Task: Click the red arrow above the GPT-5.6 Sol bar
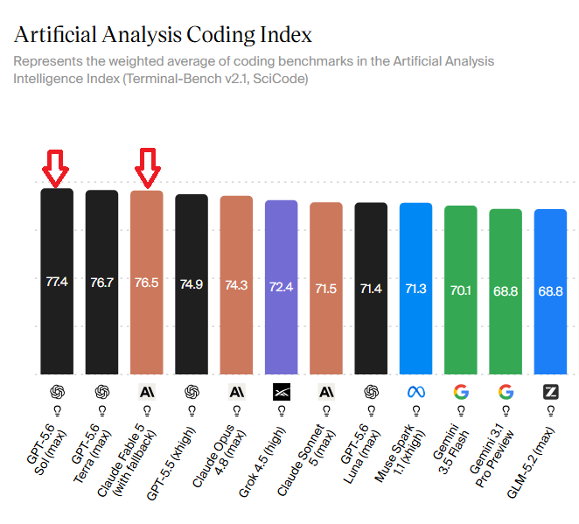coord(55,168)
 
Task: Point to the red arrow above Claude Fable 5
coord(148,168)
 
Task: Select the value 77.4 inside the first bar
coord(57,282)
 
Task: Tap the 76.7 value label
coord(102,283)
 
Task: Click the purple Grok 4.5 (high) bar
coord(281,287)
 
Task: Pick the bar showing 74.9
coord(192,284)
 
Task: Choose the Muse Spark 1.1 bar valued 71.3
coord(415,289)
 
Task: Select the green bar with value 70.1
coord(460,290)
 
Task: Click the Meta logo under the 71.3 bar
coord(416,392)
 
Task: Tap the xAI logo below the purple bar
coord(282,392)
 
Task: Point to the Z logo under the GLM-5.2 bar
coord(550,392)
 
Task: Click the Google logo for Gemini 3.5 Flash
coord(461,392)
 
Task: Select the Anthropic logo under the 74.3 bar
coord(237,392)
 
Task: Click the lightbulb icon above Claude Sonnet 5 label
coord(326,411)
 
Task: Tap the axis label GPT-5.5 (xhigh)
coord(171,464)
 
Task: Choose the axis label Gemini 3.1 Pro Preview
coord(492,455)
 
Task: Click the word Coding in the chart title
coord(220,35)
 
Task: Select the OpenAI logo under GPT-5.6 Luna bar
coord(371,392)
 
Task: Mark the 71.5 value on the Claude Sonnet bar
coord(325,289)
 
